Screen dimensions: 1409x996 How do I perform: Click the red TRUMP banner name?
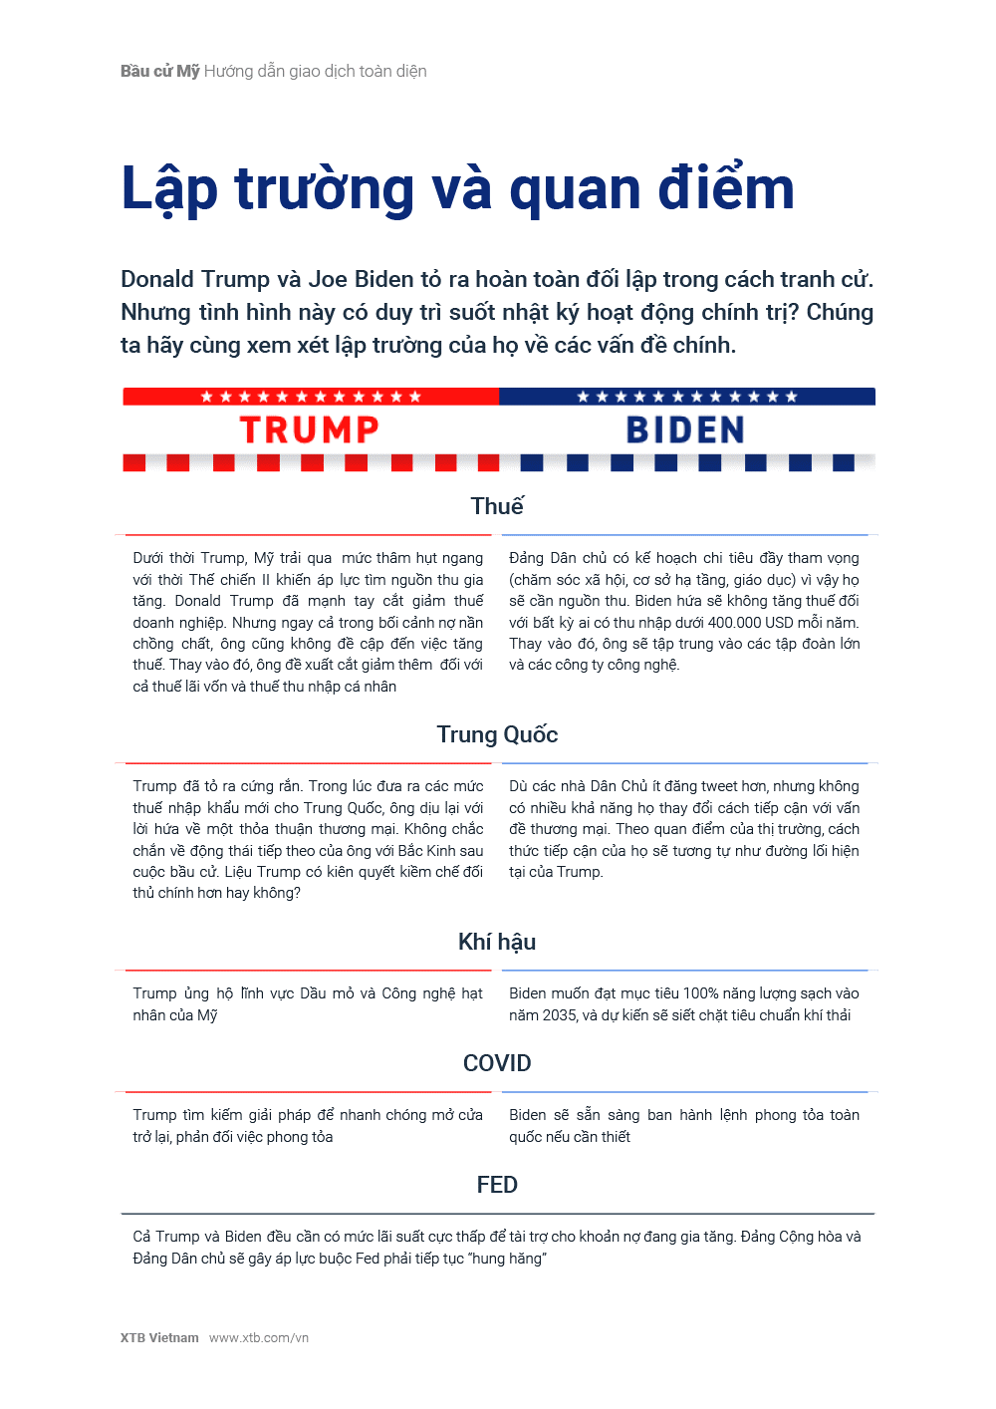coord(310,430)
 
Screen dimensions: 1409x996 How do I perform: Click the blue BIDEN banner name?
coord(685,430)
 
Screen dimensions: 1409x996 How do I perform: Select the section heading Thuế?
coord(497,506)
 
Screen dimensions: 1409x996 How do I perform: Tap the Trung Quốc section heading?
coord(497,734)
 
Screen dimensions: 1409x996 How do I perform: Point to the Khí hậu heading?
coord(497,942)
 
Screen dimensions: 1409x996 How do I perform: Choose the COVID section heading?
coord(497,1063)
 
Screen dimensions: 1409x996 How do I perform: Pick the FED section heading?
coord(497,1185)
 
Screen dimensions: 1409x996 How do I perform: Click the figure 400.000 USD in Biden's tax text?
coord(751,623)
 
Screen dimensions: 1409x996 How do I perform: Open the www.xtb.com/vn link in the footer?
coord(259,1338)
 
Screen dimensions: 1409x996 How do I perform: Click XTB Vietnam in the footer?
coord(159,1338)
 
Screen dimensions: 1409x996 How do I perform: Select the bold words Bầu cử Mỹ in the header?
coord(160,72)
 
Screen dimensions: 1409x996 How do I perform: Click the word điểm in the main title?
coord(725,188)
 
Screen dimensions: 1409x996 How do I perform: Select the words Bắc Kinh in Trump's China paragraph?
coord(426,851)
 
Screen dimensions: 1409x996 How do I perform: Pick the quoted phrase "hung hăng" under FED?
coord(508,1259)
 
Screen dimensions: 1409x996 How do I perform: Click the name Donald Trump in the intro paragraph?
coord(195,280)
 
